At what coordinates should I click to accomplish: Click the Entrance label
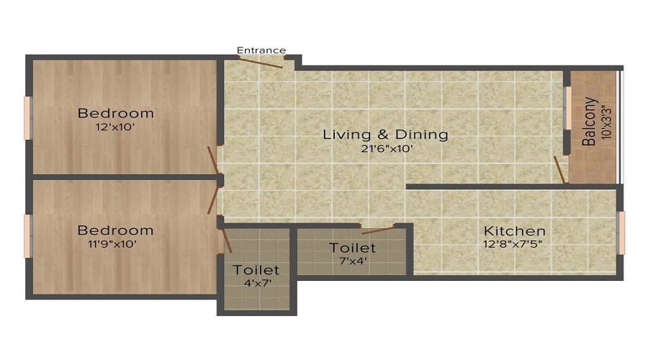click(x=261, y=50)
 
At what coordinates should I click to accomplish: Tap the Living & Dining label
click(x=385, y=135)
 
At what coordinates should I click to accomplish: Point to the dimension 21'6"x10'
click(x=387, y=148)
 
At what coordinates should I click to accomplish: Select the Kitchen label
click(x=515, y=230)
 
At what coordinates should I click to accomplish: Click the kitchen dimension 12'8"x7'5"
click(x=513, y=244)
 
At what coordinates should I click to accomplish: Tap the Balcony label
click(x=589, y=122)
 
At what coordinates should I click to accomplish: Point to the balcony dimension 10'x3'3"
click(x=606, y=122)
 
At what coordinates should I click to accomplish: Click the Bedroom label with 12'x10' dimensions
click(x=116, y=113)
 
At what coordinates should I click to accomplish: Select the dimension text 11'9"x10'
click(x=112, y=244)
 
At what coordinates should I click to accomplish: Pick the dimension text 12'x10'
click(x=115, y=127)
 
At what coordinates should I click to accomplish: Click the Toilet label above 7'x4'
click(x=353, y=248)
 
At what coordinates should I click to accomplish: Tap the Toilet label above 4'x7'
click(x=256, y=270)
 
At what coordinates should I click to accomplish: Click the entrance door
click(x=261, y=62)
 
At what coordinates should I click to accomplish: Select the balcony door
click(x=559, y=169)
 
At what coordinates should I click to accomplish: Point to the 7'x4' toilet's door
click(x=378, y=230)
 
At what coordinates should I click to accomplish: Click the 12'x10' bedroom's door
click(x=213, y=160)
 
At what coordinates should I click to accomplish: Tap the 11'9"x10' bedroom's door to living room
click(x=213, y=200)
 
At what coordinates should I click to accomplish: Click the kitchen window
click(x=621, y=233)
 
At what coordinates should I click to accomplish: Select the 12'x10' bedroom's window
click(x=27, y=118)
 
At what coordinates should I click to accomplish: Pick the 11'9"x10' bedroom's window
click(x=27, y=236)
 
